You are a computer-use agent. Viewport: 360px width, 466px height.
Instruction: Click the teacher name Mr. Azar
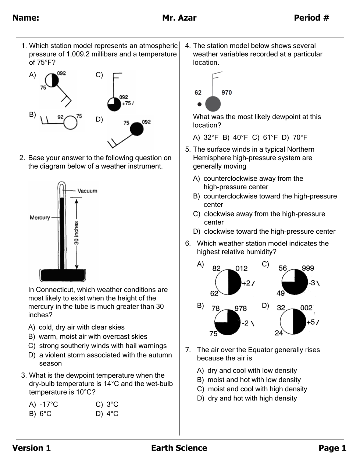point(179,18)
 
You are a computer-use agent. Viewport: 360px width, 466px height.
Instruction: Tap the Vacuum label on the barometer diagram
point(87,191)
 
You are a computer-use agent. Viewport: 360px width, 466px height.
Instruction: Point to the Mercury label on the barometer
point(40,218)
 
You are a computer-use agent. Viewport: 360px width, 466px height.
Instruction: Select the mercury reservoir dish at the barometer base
point(63,275)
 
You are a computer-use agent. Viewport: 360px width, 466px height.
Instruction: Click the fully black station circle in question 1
point(137,129)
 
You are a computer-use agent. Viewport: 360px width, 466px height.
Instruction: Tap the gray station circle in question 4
point(213,104)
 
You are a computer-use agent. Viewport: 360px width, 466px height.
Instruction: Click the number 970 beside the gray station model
point(227,92)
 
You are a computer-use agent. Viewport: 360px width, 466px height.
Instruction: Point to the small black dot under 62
point(199,104)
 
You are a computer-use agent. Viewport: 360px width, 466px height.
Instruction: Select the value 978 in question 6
point(240,308)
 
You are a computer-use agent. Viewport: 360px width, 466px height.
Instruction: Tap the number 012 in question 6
point(242,268)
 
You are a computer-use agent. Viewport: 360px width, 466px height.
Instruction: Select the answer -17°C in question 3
point(49,404)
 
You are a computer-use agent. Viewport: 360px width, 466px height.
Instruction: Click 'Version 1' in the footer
point(32,448)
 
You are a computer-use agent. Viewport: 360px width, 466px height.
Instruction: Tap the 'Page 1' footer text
point(332,448)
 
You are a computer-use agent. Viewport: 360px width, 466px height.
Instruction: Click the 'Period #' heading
point(311,18)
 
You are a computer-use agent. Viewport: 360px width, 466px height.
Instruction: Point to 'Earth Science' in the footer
point(179,448)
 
